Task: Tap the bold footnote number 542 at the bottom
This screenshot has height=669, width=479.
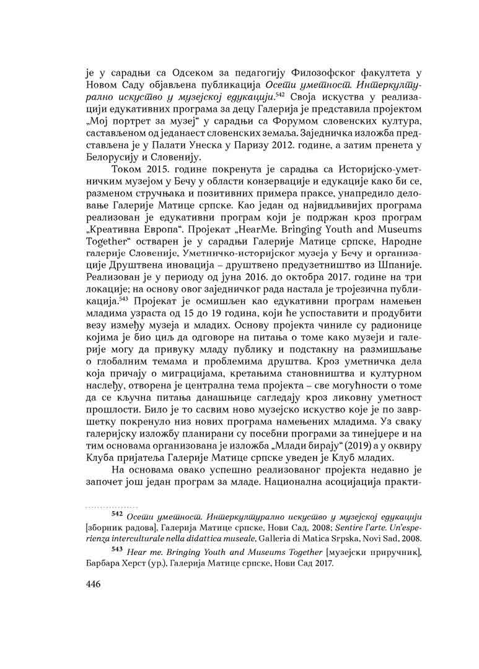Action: (x=116, y=514)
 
